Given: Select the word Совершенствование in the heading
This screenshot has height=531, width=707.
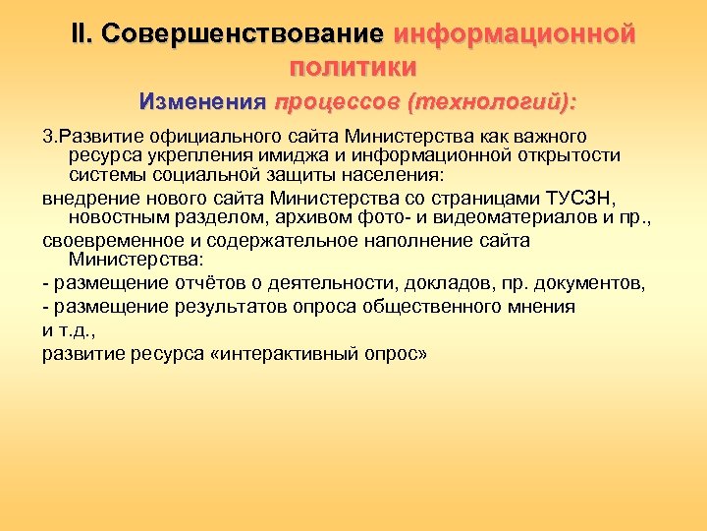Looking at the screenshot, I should pos(243,34).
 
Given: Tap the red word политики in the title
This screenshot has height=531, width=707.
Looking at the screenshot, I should pos(353,68).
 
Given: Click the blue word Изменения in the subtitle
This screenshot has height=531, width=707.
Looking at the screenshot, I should pos(201,101).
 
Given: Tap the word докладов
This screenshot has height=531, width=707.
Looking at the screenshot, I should pos(432,284).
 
